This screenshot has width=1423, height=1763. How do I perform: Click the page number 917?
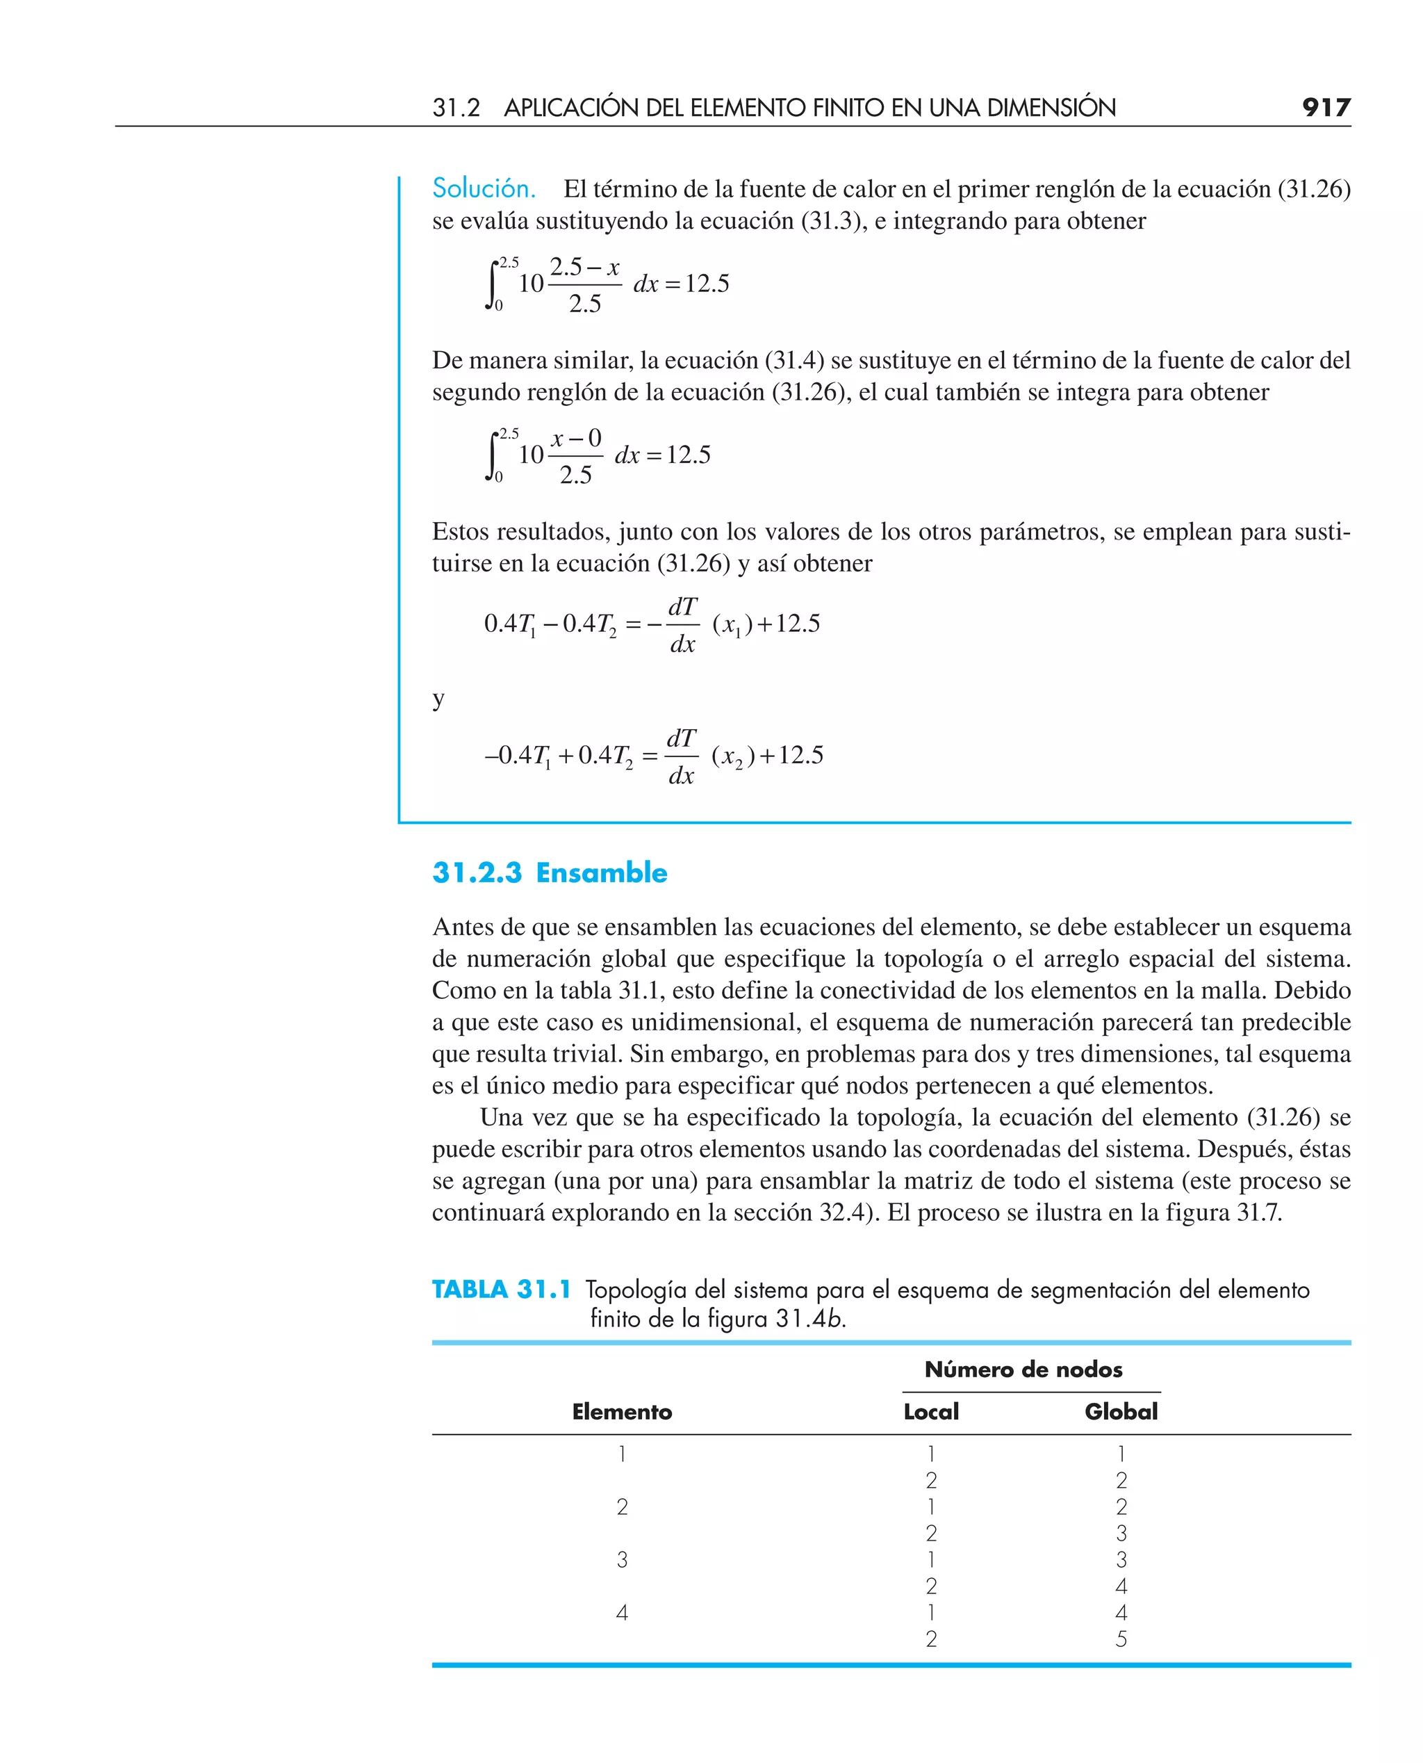(x=1326, y=108)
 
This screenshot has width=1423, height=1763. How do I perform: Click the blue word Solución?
(x=484, y=188)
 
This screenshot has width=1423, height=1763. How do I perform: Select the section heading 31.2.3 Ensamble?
(x=549, y=872)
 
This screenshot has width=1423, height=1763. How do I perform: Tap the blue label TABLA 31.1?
(x=501, y=1290)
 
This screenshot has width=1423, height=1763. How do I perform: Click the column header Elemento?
(x=621, y=1411)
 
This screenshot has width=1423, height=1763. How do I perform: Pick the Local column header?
(x=930, y=1411)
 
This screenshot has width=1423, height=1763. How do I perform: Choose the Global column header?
(x=1121, y=1411)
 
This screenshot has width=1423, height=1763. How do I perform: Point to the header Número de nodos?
(x=1023, y=1370)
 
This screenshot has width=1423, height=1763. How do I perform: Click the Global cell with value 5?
(x=1121, y=1639)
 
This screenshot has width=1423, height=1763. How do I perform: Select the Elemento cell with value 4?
(x=621, y=1613)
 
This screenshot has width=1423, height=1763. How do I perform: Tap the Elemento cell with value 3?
(x=621, y=1559)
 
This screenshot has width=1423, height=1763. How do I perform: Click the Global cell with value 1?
(x=1121, y=1454)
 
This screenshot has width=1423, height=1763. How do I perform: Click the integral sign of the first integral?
(x=492, y=284)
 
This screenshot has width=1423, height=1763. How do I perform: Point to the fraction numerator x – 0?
(x=575, y=438)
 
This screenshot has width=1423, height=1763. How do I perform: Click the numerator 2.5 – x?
(x=584, y=268)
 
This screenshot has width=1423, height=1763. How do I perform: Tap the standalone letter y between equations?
(x=438, y=699)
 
